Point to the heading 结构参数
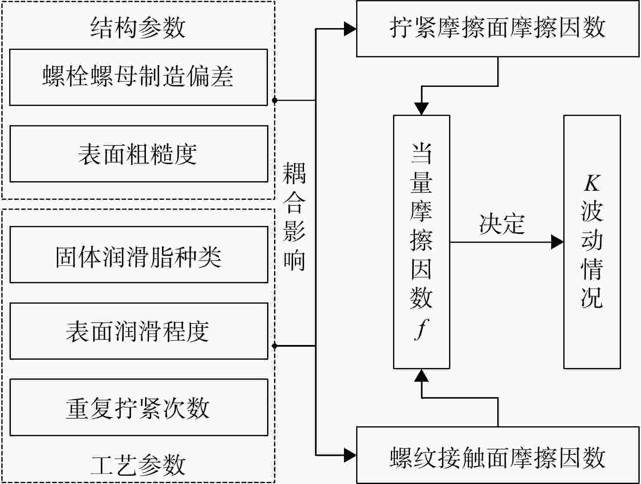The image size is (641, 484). click(138, 27)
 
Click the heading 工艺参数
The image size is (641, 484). click(138, 465)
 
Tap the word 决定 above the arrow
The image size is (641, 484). click(502, 224)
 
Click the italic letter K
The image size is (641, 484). click(592, 183)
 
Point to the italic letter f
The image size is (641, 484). click(421, 329)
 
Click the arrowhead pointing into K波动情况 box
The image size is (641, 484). click(557, 242)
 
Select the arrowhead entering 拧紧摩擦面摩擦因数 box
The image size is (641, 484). click(350, 29)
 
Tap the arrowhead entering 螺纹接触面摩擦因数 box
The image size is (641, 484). click(350, 455)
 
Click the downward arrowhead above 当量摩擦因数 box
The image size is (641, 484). click(421, 109)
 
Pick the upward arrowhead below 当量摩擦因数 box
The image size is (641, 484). click(421, 375)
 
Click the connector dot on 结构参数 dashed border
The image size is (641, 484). click(274, 100)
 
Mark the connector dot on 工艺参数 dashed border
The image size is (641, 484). click(274, 346)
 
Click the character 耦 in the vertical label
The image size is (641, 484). click(294, 173)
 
